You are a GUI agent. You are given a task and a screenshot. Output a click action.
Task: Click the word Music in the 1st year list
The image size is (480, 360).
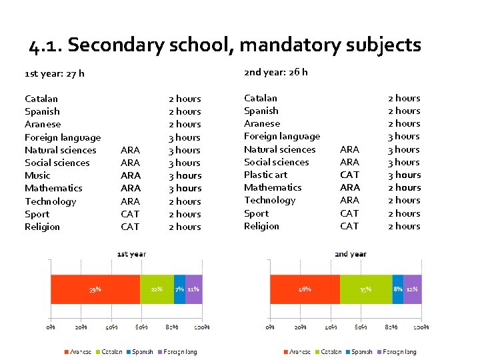(37, 175)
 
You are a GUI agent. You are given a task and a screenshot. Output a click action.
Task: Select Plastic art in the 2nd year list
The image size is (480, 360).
(265, 175)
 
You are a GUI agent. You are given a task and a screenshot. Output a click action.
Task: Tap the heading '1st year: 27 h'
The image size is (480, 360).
(54, 73)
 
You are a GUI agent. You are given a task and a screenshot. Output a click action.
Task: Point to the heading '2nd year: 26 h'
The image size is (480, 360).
(275, 72)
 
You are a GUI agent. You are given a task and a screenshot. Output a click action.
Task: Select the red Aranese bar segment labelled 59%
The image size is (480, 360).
(95, 289)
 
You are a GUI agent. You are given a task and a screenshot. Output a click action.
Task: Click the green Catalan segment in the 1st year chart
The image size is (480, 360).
(157, 289)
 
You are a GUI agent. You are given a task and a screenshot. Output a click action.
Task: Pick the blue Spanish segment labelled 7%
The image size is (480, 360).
(179, 289)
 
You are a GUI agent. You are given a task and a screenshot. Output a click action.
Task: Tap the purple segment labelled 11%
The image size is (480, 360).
(193, 289)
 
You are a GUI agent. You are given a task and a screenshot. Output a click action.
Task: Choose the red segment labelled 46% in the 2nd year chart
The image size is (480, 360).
(305, 289)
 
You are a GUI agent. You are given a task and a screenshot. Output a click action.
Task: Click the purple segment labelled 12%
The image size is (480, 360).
(413, 289)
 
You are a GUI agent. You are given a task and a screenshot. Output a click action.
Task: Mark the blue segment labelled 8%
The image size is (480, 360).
(398, 289)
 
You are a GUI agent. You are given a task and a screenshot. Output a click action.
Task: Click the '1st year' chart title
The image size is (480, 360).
(131, 254)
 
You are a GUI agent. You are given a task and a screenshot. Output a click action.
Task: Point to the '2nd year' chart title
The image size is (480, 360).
(351, 254)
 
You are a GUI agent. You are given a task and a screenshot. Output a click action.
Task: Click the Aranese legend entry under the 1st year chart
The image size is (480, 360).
(78, 351)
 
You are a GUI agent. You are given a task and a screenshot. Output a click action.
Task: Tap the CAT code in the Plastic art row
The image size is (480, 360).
(349, 175)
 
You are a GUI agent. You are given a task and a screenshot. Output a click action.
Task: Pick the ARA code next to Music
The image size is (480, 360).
(130, 175)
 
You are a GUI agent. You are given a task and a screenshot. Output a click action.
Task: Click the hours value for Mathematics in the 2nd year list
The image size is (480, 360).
(404, 187)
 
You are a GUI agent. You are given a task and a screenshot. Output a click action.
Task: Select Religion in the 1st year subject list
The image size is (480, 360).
(42, 227)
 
